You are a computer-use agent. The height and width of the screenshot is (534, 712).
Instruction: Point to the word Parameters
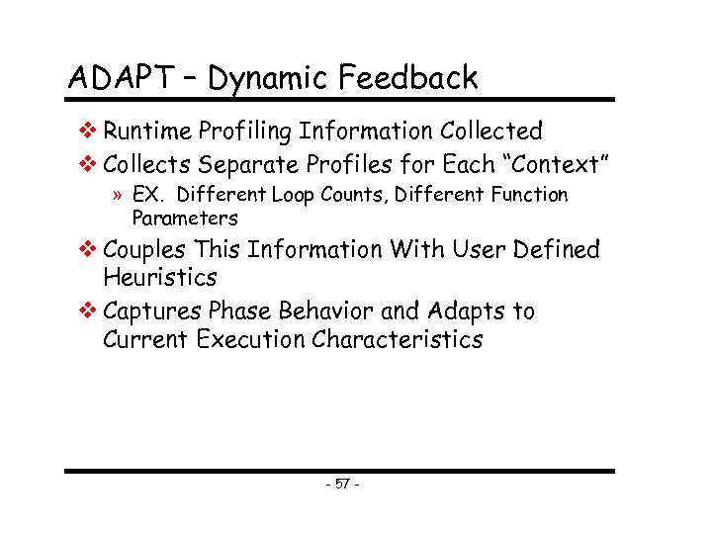pos(185,218)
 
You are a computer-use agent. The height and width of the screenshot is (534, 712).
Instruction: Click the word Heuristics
pos(159,278)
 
